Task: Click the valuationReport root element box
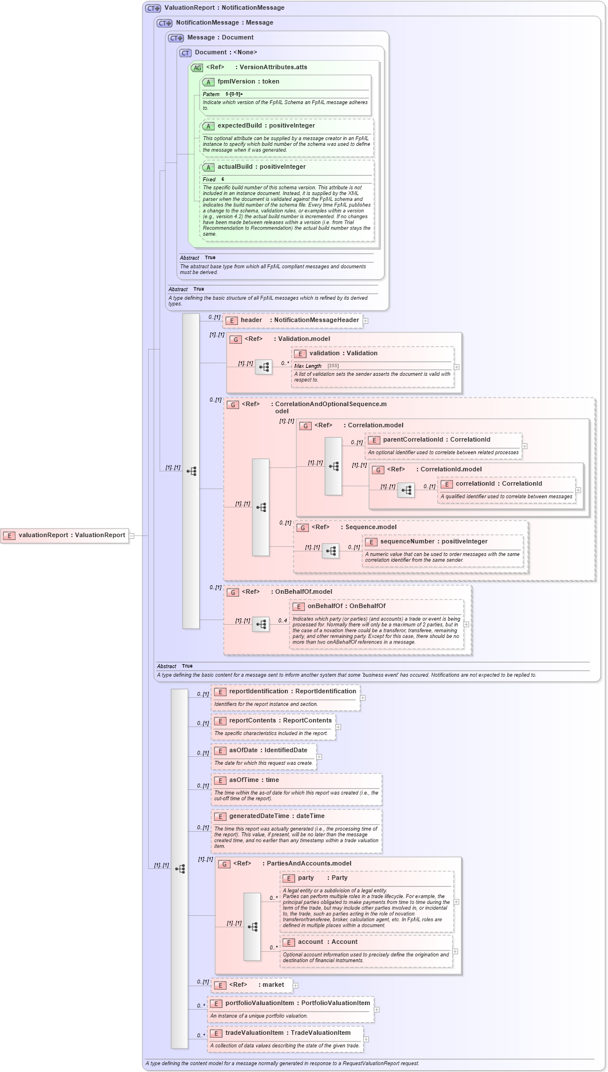65,535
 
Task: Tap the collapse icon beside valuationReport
132,536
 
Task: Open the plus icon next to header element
365,321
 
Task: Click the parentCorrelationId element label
436,440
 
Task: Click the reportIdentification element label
292,692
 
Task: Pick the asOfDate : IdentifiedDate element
268,751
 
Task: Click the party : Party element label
322,878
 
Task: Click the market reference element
252,985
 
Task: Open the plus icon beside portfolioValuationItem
376,1010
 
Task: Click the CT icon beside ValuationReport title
153,8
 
